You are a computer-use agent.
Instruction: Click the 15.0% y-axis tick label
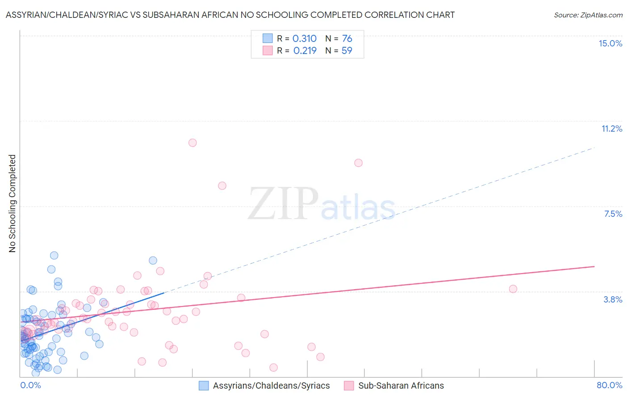pyautogui.click(x=610, y=43)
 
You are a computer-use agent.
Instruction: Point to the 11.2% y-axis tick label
pyautogui.click(x=611, y=129)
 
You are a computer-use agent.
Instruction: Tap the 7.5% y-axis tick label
pyautogui.click(x=613, y=214)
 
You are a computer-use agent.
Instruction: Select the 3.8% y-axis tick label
pyautogui.click(x=613, y=299)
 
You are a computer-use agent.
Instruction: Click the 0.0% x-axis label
pyautogui.click(x=30, y=385)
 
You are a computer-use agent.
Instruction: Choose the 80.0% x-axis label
pyautogui.click(x=609, y=385)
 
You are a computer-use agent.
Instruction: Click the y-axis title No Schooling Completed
pyautogui.click(x=12, y=203)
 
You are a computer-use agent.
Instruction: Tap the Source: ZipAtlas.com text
pyautogui.click(x=588, y=15)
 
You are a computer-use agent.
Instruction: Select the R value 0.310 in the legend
pyautogui.click(x=304, y=39)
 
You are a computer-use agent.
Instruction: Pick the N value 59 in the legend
pyautogui.click(x=347, y=51)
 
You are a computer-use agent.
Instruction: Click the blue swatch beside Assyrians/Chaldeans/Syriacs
pyautogui.click(x=204, y=386)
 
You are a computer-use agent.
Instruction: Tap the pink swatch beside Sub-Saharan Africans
pyautogui.click(x=349, y=386)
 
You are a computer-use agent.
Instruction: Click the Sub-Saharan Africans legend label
pyautogui.click(x=401, y=386)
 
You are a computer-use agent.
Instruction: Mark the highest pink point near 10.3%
pyautogui.click(x=193, y=143)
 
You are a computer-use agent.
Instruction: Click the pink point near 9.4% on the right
pyautogui.click(x=358, y=163)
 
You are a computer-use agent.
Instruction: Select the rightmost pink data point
pyautogui.click(x=513, y=289)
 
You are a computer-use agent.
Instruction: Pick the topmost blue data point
pyautogui.click(x=54, y=255)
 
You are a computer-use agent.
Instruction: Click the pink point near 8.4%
pyautogui.click(x=222, y=186)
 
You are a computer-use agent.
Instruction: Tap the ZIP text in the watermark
pyautogui.click(x=283, y=204)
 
